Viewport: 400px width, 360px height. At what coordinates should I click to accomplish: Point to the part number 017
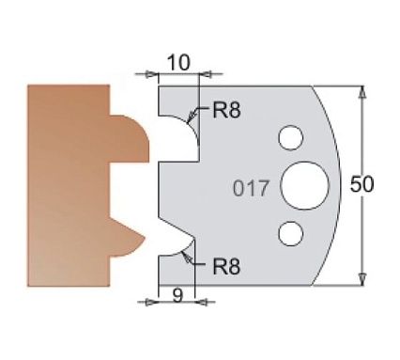tap(252, 186)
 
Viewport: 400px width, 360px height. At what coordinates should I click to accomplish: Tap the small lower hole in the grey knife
tap(293, 229)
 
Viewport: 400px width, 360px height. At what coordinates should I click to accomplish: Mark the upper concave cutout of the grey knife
tap(178, 133)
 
